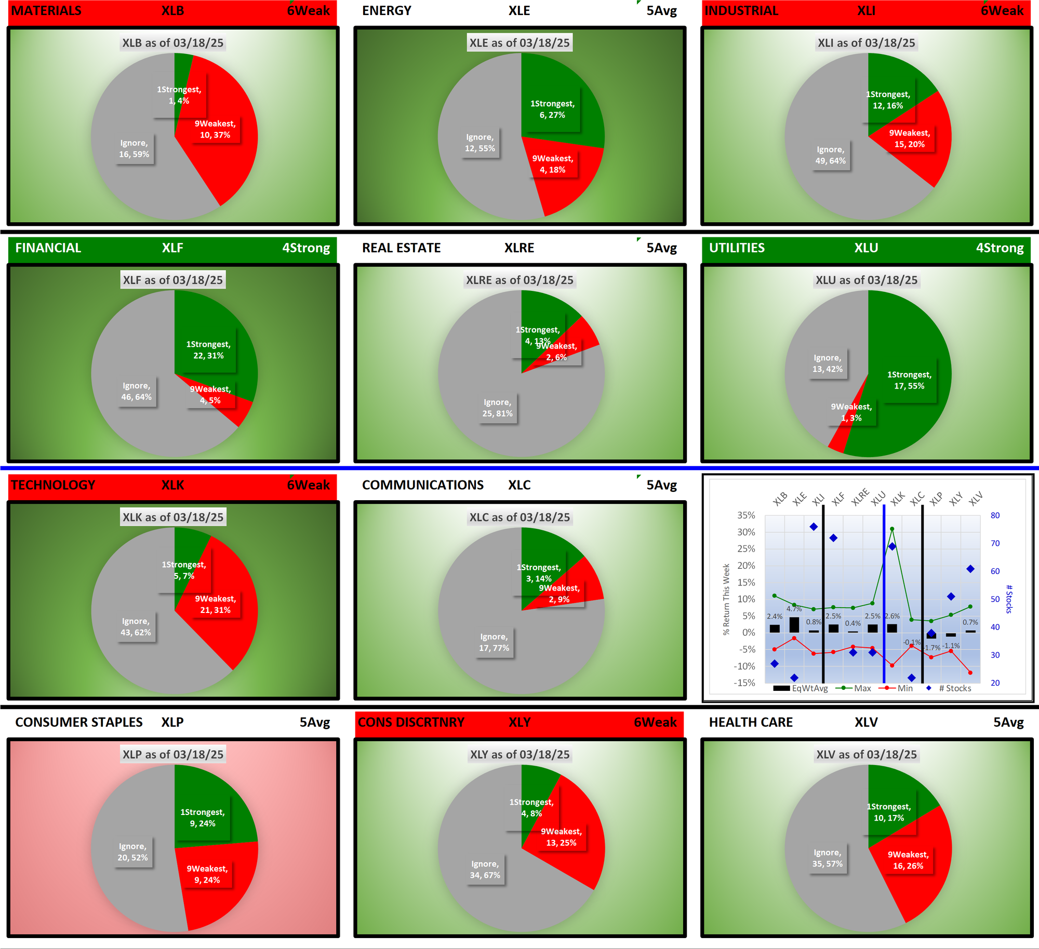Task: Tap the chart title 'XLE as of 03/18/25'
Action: point(519,43)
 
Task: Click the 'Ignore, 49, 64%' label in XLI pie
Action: point(830,155)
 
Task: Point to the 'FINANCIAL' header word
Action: point(48,248)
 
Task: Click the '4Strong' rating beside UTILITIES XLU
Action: point(1000,248)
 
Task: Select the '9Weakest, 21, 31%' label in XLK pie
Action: point(216,605)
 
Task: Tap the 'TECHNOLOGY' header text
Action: point(53,485)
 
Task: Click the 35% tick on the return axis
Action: point(746,515)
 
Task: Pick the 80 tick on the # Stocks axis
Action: point(995,515)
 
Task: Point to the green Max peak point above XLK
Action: point(892,529)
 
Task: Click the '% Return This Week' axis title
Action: point(726,599)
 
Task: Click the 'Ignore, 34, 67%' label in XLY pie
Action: point(485,870)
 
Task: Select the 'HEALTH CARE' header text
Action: point(751,722)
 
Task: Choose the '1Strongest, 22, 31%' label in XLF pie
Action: point(208,350)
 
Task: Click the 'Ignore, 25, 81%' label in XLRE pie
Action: point(497,408)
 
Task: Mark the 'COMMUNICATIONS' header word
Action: point(423,485)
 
